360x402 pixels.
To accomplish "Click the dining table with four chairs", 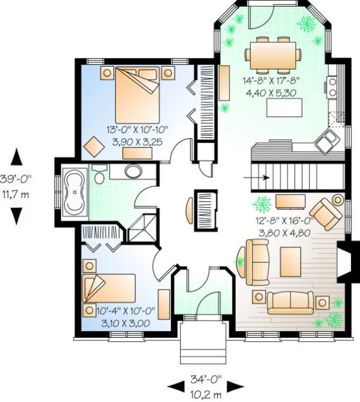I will coord(273,53).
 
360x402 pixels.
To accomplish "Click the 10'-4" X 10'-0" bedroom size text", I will coord(125,316).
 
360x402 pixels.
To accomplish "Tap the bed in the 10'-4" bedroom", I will coord(108,290).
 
